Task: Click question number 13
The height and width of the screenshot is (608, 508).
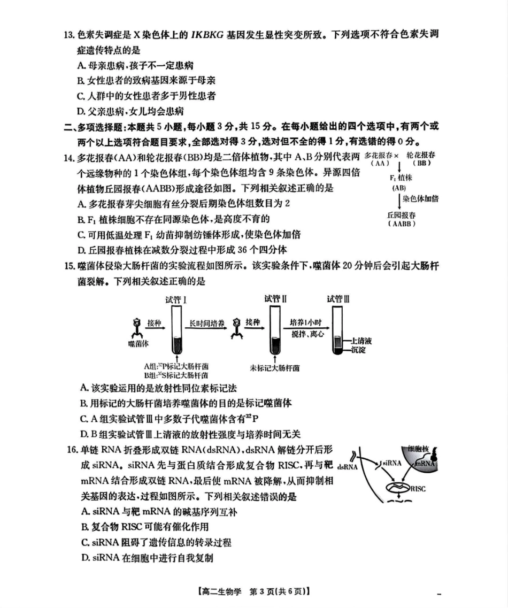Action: pyautogui.click(x=68, y=36)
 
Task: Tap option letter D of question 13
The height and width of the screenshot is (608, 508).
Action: pyautogui.click(x=81, y=111)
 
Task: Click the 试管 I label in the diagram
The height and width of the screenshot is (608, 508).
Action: pyautogui.click(x=176, y=299)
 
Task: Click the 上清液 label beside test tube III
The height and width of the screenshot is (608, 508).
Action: pyautogui.click(x=363, y=341)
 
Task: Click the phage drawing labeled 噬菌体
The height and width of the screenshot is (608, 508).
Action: pyautogui.click(x=137, y=327)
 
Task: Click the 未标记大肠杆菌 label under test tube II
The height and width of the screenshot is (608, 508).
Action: pyautogui.click(x=274, y=368)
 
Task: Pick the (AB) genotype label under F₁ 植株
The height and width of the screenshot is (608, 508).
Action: pyautogui.click(x=398, y=188)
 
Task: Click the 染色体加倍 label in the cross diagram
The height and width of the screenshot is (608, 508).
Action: pyautogui.click(x=420, y=198)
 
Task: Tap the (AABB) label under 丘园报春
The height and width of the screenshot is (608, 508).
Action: pyautogui.click(x=402, y=224)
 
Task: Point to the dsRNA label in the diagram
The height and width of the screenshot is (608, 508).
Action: pyautogui.click(x=348, y=466)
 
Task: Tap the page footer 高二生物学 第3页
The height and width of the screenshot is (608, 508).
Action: pyautogui.click(x=253, y=592)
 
